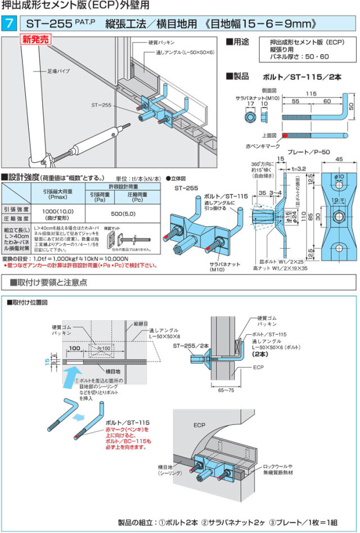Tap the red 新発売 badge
[x=36, y=40]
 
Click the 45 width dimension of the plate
[x=338, y=160]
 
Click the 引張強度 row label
[x=16, y=207]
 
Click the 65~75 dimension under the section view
[x=225, y=390]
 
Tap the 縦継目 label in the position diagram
[x=141, y=324]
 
